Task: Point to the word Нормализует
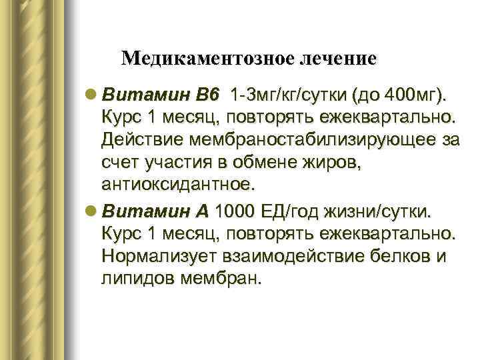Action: click(x=155, y=257)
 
